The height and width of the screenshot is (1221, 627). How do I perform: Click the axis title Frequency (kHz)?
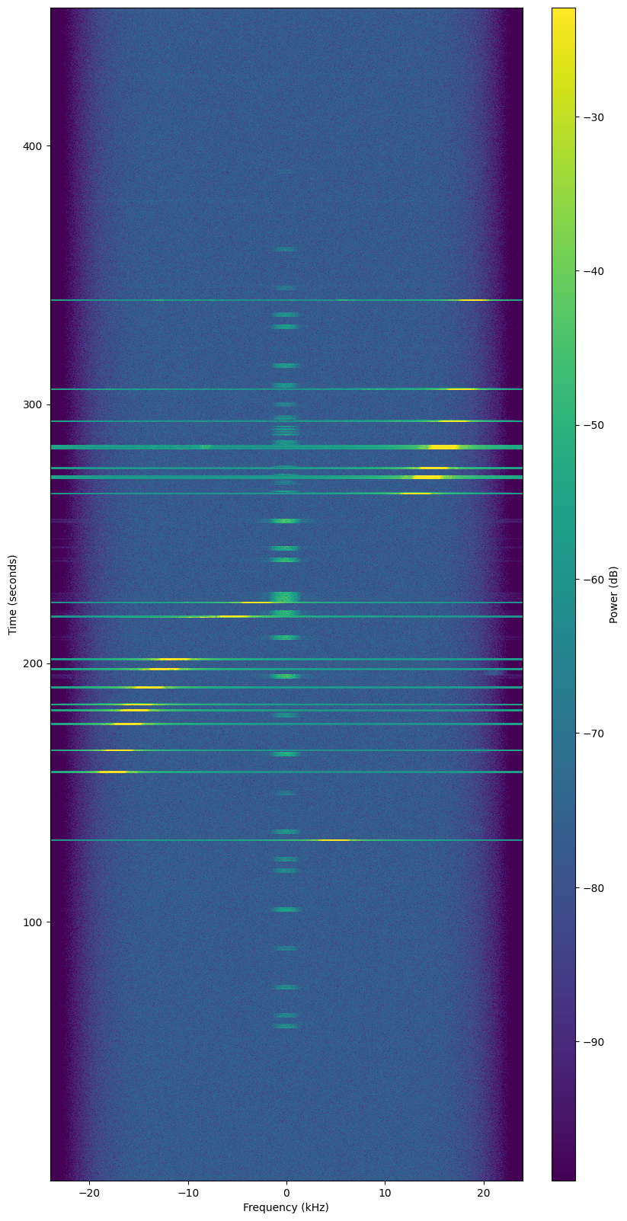pos(286,1208)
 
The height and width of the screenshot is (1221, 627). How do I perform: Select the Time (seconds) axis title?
pos(13,594)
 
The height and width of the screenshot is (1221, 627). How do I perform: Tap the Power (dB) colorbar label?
pos(613,594)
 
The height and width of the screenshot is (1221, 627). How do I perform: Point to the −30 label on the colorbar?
pos(593,117)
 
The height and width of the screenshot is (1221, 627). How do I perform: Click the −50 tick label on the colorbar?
pos(593,425)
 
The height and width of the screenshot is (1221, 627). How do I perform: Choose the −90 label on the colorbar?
pos(593,1042)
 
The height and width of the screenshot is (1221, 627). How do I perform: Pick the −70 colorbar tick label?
pos(593,734)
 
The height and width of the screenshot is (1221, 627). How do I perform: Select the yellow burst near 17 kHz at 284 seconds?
pos(444,446)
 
